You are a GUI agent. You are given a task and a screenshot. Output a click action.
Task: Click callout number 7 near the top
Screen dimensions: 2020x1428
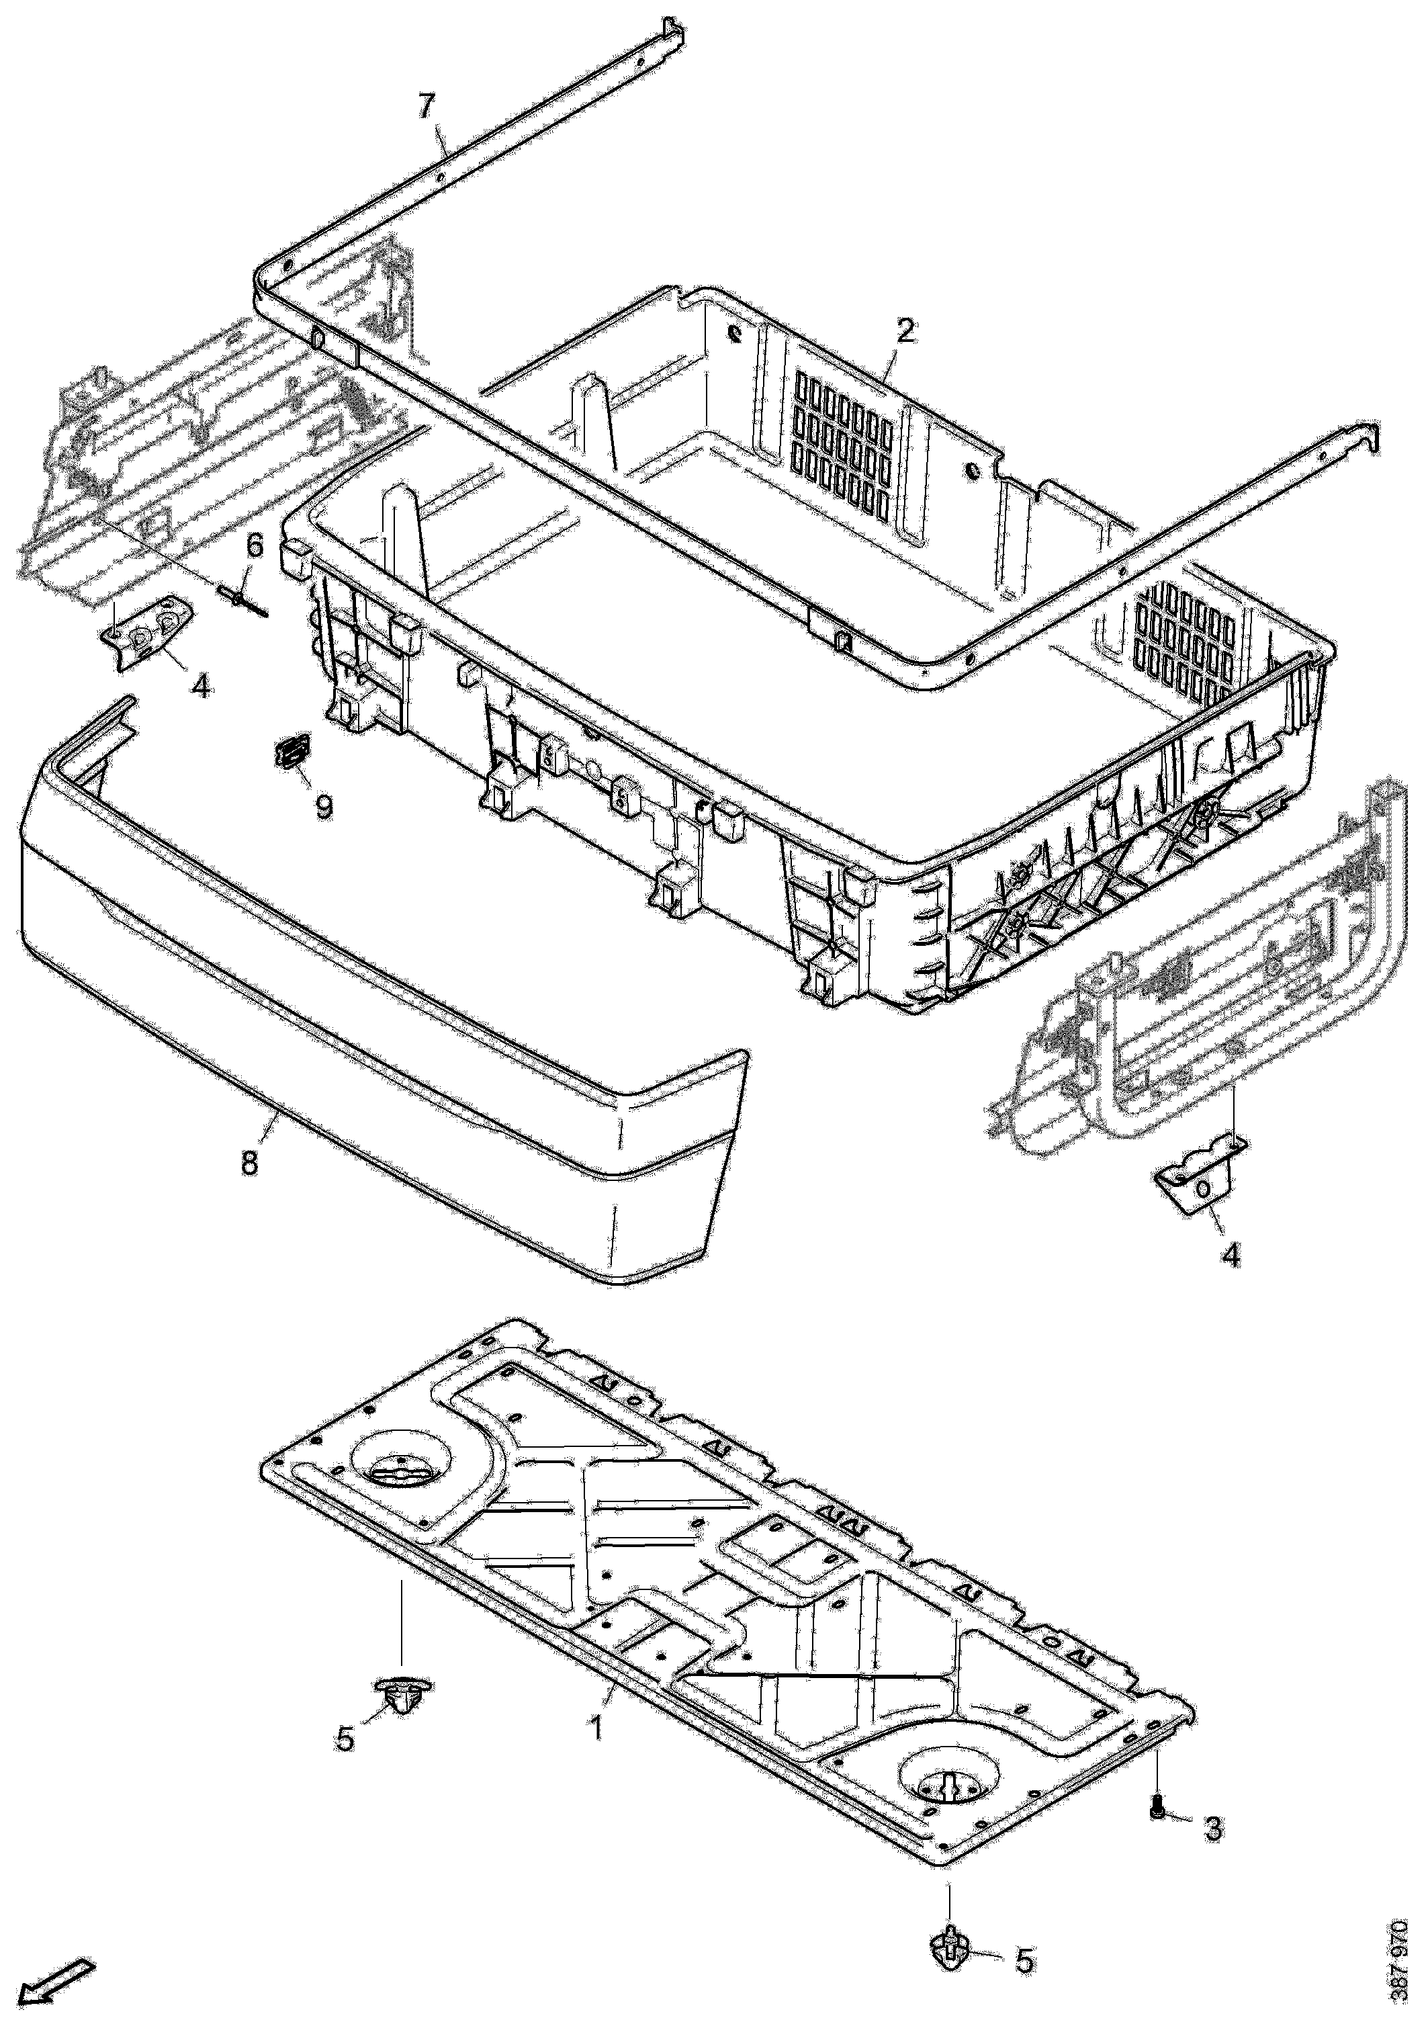tap(426, 106)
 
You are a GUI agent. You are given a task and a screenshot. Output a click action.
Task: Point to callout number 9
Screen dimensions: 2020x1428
tap(324, 806)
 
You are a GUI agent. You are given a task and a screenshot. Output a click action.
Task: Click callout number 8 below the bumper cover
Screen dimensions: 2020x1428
tap(250, 1162)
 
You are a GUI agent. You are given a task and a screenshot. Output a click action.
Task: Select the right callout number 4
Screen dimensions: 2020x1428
tap(1231, 1255)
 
